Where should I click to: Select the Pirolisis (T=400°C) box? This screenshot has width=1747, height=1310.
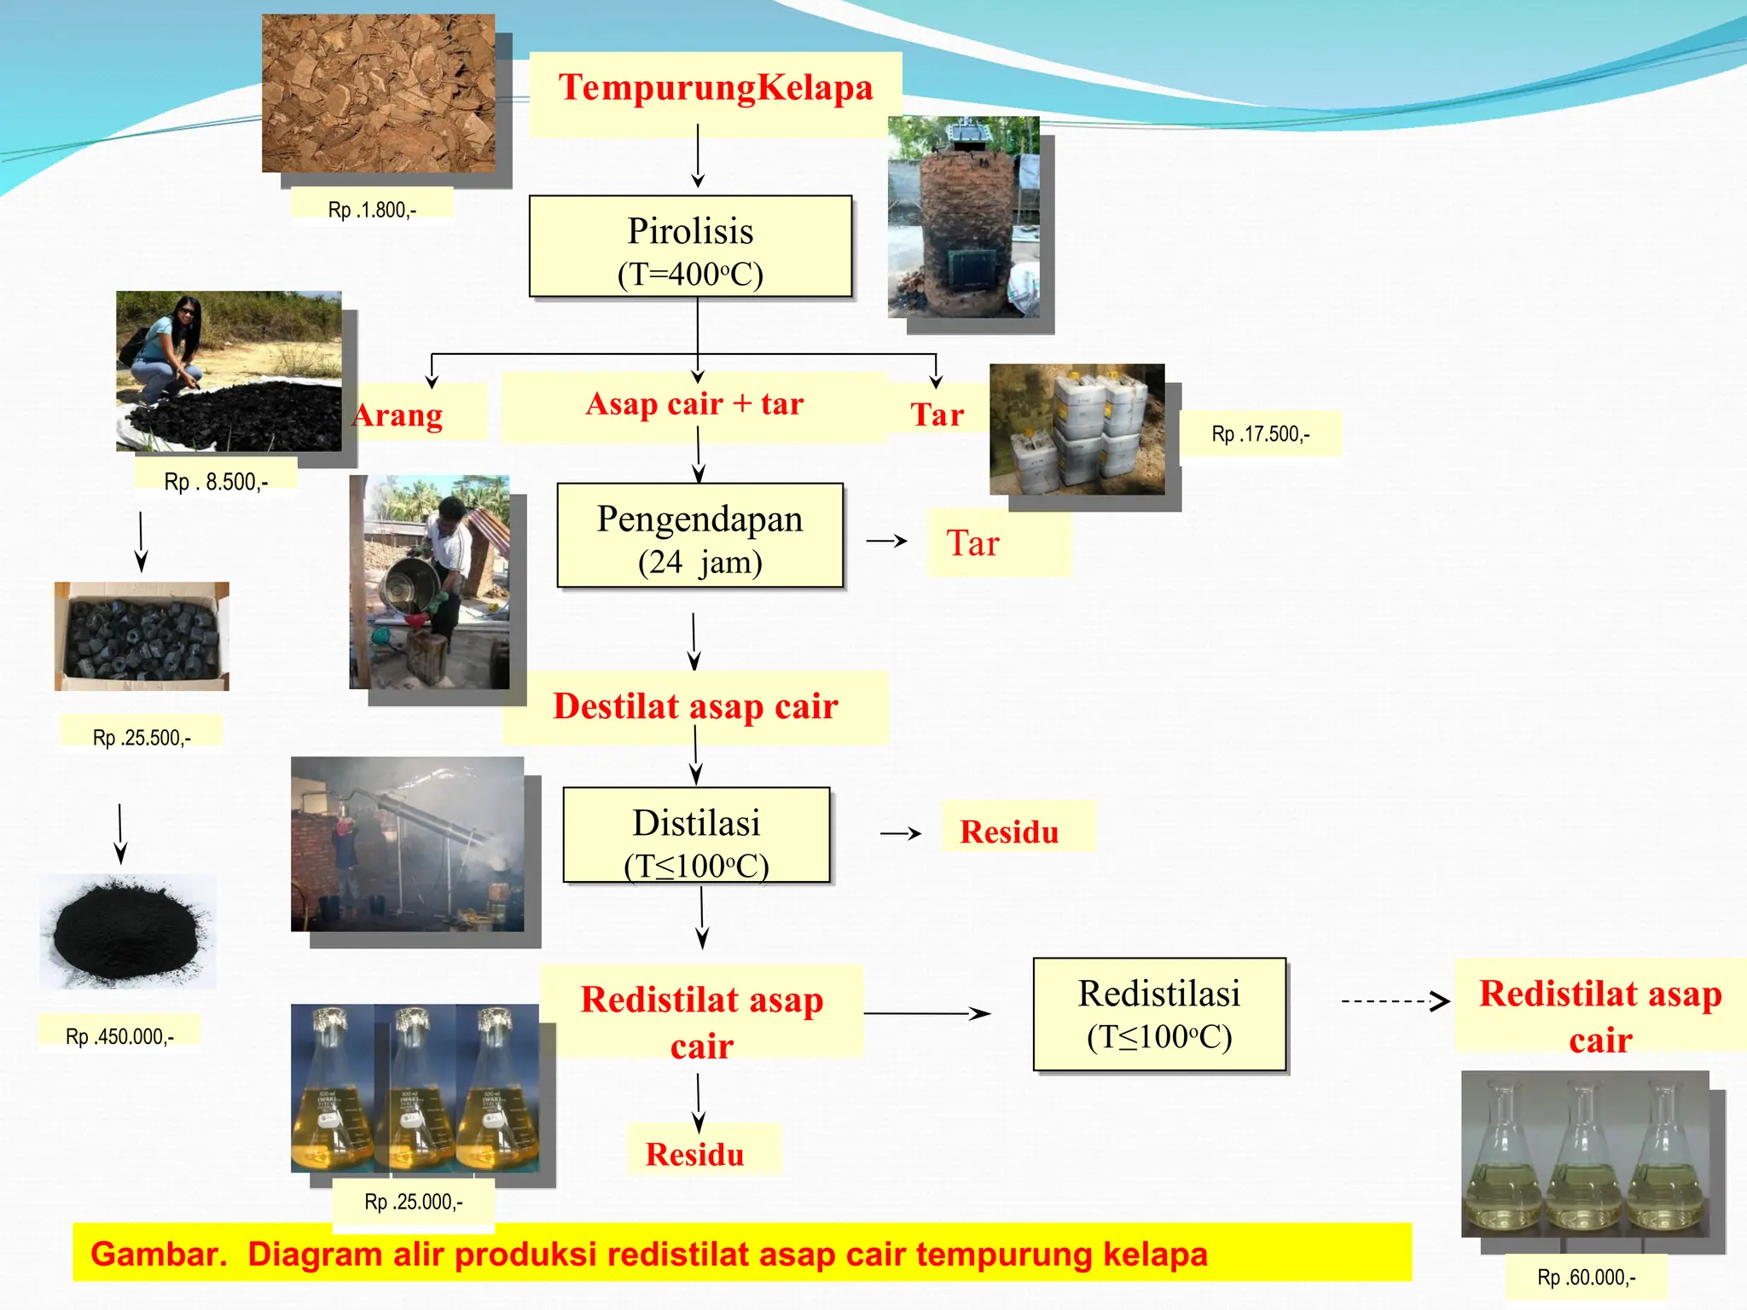click(690, 247)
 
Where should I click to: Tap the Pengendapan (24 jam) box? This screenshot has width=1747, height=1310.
click(699, 536)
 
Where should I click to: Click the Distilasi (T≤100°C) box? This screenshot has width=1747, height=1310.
click(696, 836)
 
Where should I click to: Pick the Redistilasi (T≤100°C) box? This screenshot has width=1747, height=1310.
click(1159, 1014)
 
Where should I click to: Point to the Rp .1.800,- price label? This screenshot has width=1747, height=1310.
click(372, 210)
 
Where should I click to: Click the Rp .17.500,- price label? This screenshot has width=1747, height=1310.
click(1260, 434)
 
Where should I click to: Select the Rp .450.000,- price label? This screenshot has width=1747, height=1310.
click(119, 1036)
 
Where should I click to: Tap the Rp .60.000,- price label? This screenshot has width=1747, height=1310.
click(1586, 1277)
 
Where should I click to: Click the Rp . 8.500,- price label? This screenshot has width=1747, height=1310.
click(216, 482)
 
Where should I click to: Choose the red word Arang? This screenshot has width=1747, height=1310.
click(398, 415)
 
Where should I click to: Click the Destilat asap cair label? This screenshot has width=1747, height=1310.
click(695, 707)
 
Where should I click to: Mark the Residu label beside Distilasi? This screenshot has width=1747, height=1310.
click(1009, 832)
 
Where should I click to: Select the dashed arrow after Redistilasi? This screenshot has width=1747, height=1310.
click(1395, 1000)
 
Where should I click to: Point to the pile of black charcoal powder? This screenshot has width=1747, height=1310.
click(128, 931)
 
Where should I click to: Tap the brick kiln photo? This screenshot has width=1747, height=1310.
click(964, 217)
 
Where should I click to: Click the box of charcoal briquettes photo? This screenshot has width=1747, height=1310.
click(142, 636)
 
